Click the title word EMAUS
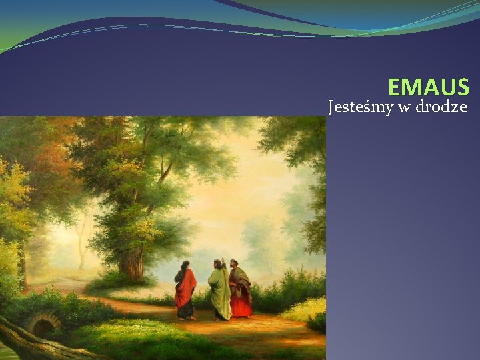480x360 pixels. (429, 87)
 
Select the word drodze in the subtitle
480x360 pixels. (441, 107)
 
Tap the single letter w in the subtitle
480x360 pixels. (405, 107)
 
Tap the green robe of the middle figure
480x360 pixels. (219, 293)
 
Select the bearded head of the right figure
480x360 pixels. (234, 264)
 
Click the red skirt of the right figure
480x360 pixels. (241, 306)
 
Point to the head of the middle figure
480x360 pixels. (216, 265)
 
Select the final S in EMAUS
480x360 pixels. (463, 87)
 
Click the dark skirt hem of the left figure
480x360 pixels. (185, 310)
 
